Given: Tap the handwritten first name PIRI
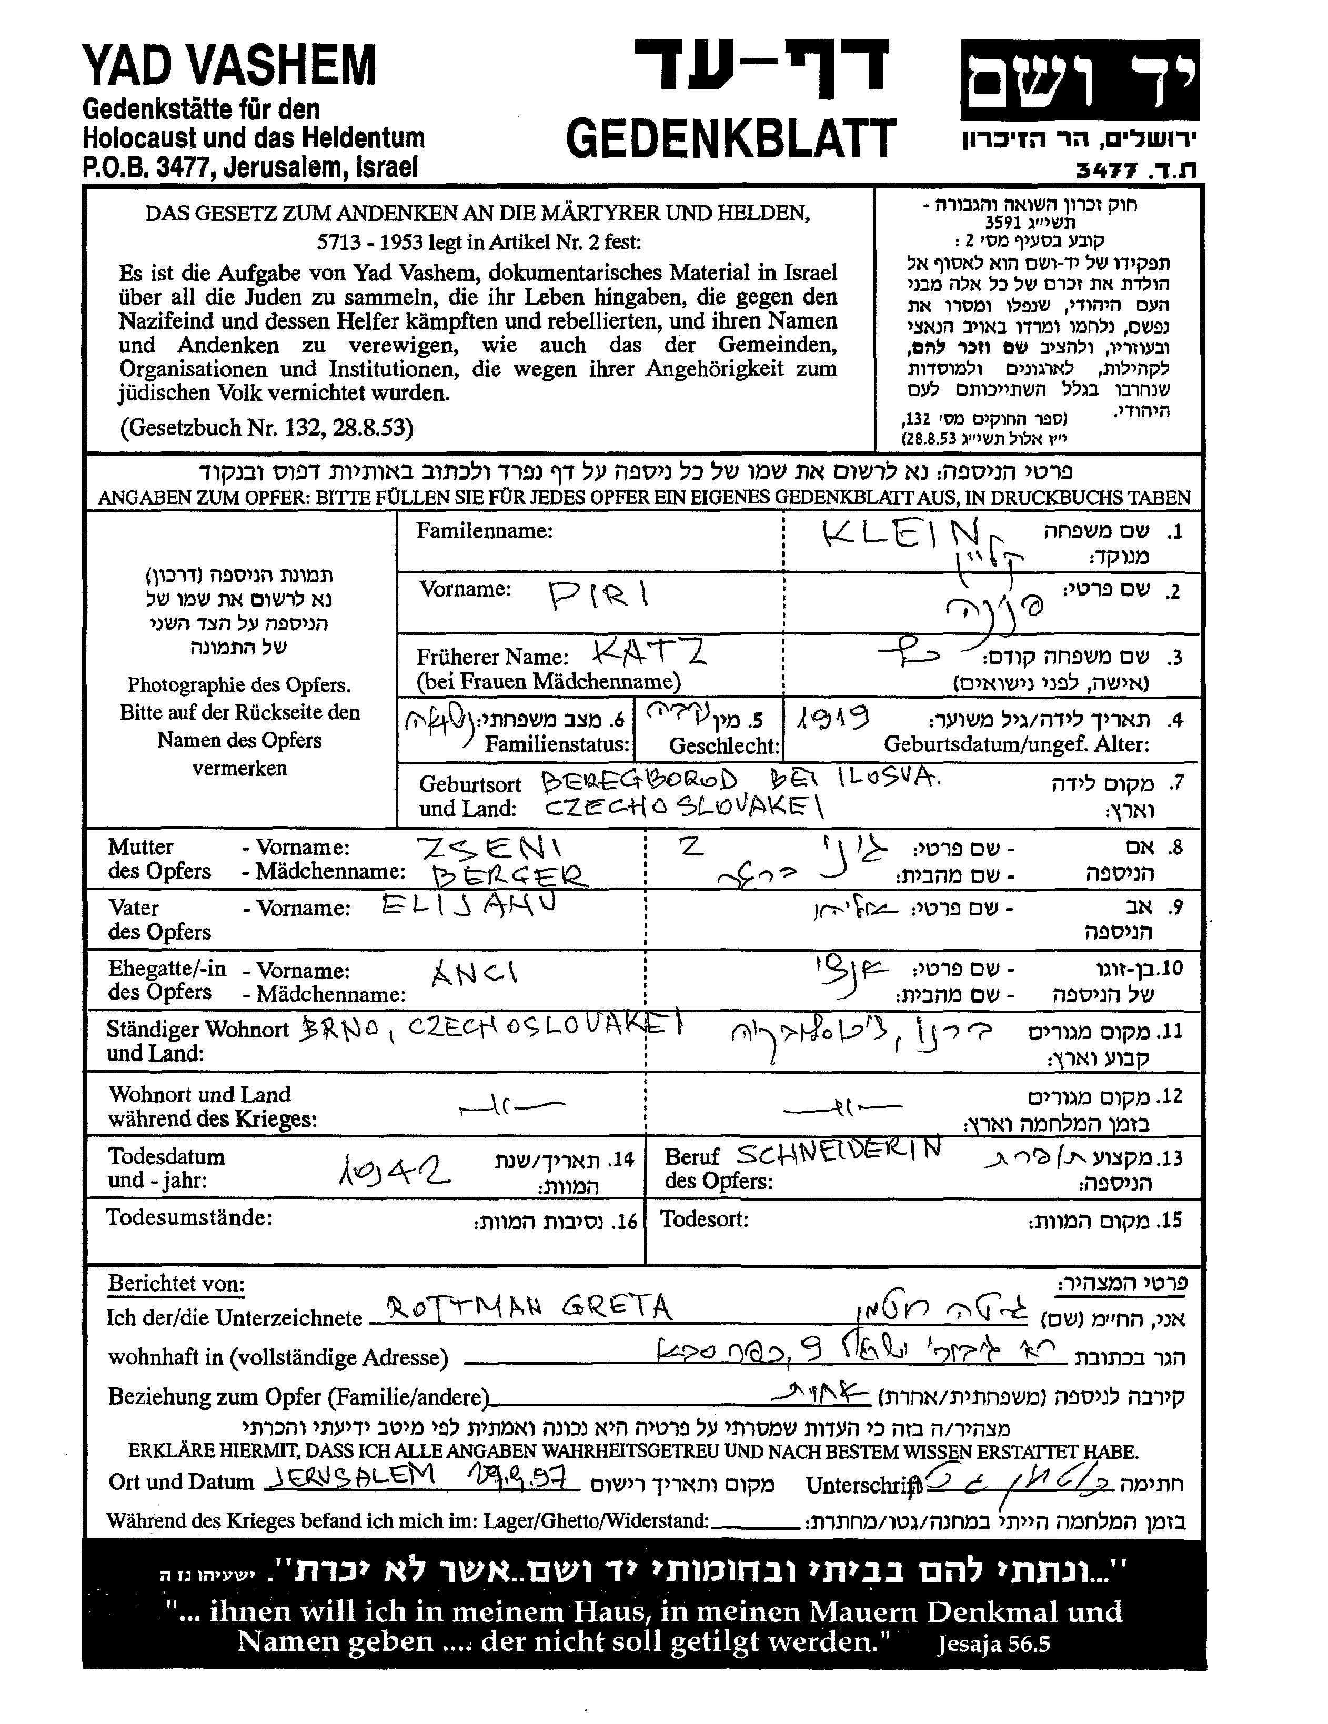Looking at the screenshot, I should (599, 595).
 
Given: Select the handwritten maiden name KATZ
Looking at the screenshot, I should (649, 652).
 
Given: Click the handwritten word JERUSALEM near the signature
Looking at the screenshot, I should (352, 1475).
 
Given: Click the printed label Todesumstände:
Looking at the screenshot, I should (189, 1217).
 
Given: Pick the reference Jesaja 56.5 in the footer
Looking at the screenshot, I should (993, 1642).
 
